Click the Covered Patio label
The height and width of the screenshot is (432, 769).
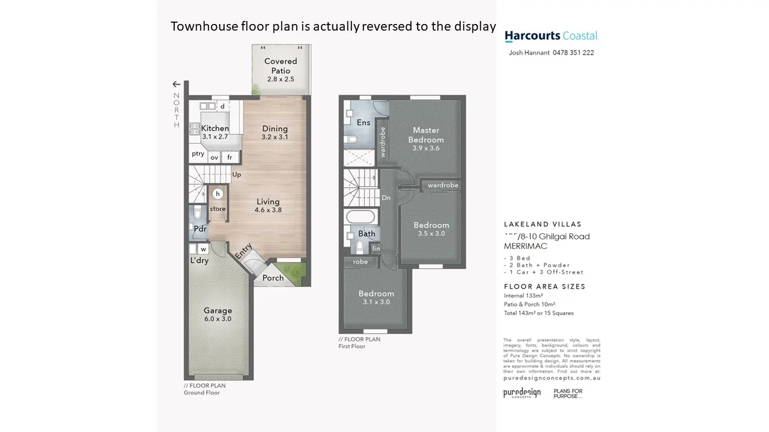[x=281, y=66]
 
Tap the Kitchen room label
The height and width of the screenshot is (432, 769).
[x=214, y=128]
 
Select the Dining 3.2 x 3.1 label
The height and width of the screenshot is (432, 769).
[x=275, y=133]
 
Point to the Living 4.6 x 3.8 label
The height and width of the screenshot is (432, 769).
[x=268, y=206]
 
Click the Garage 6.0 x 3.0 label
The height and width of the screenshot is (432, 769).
[x=217, y=314]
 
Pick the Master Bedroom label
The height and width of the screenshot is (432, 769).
[x=426, y=139]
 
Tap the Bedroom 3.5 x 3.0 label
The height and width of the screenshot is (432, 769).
[x=431, y=229]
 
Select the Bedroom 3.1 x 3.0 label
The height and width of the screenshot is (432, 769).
[x=376, y=298]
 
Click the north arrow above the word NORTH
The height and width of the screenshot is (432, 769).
[x=176, y=85]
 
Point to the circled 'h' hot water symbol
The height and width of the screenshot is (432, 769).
[x=218, y=194]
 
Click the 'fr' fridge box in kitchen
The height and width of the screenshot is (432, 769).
[x=229, y=157]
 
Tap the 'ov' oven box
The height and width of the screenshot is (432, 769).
[x=214, y=157]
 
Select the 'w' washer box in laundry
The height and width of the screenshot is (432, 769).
[x=203, y=249]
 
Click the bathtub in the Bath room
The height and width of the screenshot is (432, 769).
[x=360, y=216]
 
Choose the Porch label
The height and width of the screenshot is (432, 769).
[x=273, y=278]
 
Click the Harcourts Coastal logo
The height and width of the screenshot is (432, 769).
[x=551, y=36]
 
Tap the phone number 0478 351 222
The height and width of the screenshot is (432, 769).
[x=569, y=53]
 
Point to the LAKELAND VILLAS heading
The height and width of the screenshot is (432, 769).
[x=543, y=224]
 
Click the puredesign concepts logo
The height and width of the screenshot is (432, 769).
[x=521, y=394]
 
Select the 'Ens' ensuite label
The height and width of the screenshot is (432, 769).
[x=363, y=122]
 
